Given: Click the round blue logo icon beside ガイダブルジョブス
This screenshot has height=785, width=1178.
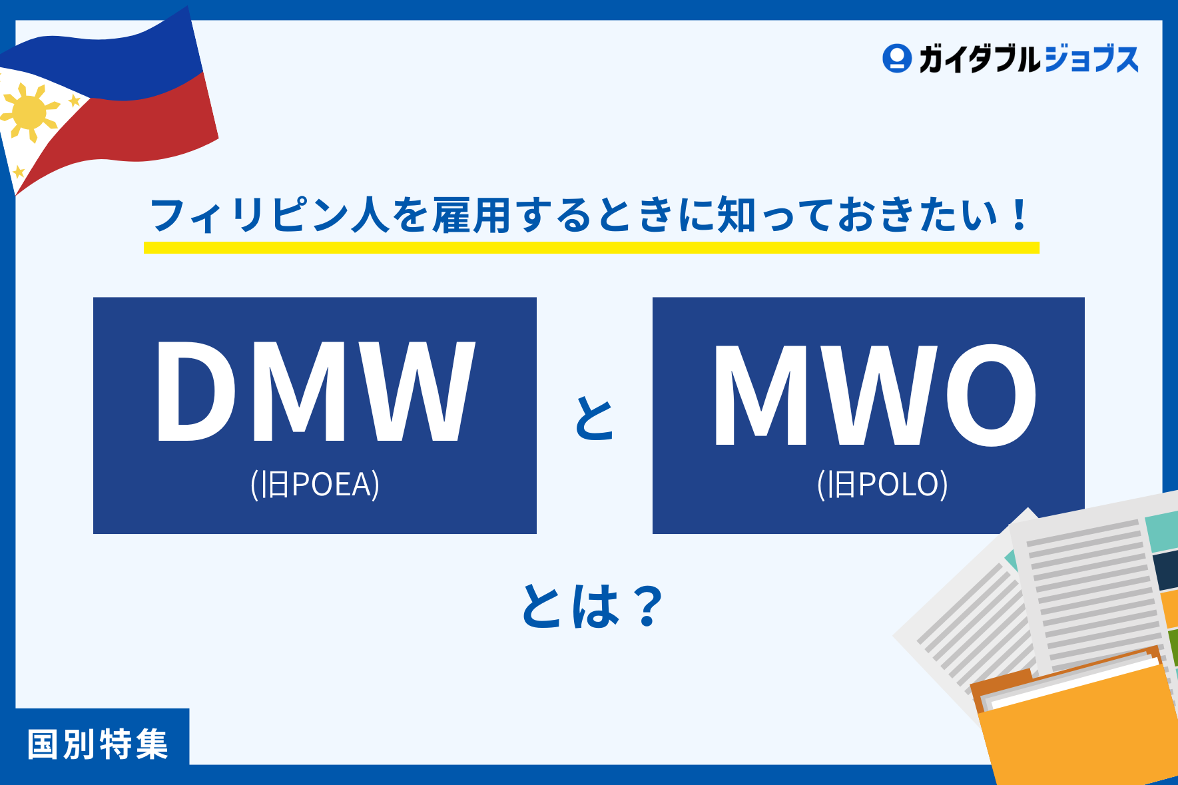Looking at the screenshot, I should point(896,59).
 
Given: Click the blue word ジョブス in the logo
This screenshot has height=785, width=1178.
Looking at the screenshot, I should point(1092,59).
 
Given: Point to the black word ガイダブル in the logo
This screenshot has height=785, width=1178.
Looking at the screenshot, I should point(979,59).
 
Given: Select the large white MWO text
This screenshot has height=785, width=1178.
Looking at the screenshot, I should point(874,395).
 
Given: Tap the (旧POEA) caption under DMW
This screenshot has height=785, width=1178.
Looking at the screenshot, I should point(315,484).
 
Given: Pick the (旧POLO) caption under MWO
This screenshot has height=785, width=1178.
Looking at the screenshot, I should point(882,484).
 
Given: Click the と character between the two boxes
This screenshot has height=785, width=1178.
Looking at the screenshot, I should point(594,418).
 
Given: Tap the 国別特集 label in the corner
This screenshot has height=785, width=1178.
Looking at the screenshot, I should point(98,744).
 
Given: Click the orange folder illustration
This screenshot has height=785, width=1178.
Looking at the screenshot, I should point(1079,726).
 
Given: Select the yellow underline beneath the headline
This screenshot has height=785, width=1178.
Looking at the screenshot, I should point(591,248).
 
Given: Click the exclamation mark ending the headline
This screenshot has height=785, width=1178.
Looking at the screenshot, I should point(1019,215).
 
